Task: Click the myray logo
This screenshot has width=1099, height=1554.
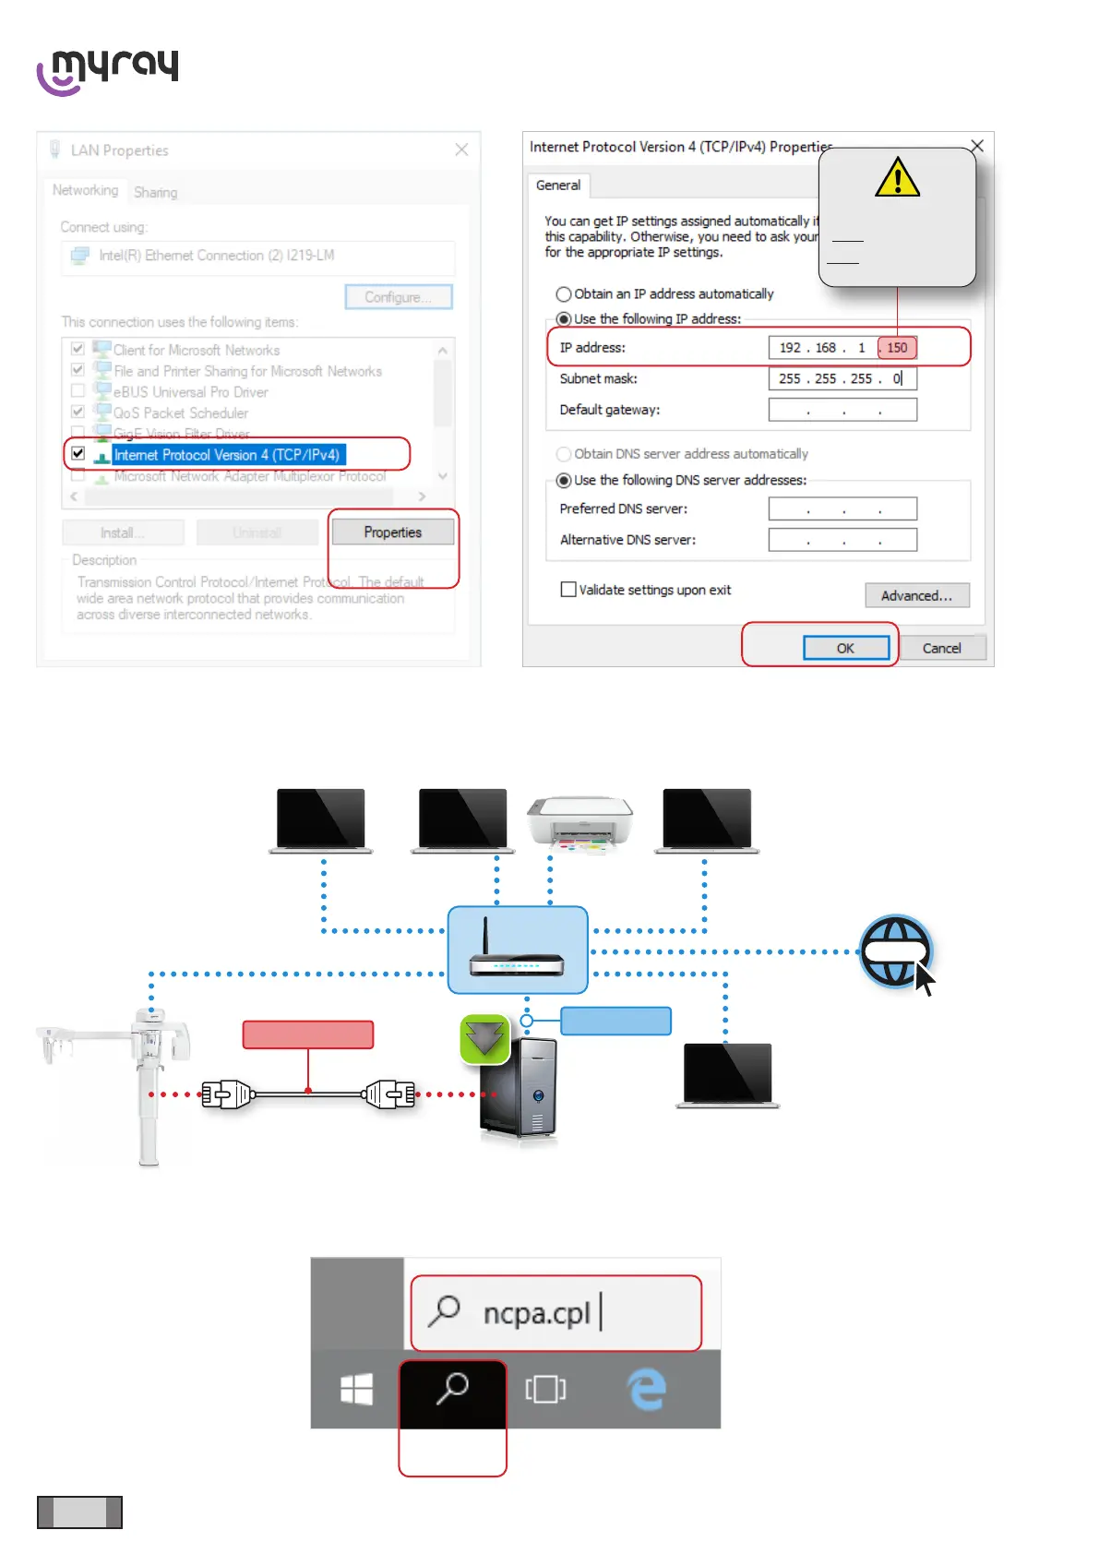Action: point(108,71)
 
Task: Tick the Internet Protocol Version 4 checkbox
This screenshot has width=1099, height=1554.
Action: point(78,453)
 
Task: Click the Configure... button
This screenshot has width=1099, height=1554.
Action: point(398,297)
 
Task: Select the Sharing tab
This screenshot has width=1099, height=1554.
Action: point(155,192)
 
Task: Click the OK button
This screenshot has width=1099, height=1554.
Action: point(845,648)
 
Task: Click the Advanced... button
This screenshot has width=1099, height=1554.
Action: point(916,595)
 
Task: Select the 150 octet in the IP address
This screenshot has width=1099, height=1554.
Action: point(897,348)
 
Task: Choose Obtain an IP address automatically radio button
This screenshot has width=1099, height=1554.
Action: point(564,294)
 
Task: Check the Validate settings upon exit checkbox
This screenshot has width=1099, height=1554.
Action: point(568,590)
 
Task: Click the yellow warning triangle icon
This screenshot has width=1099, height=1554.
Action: point(898,177)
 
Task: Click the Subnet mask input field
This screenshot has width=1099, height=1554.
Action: point(842,378)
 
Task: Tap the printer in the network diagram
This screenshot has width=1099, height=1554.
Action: point(579,820)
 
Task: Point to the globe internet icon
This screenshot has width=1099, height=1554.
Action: point(893,950)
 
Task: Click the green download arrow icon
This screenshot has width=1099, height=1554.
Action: point(484,1039)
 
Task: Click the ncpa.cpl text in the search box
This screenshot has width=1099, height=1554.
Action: point(536,1312)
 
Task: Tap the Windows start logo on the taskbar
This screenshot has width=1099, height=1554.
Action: point(356,1389)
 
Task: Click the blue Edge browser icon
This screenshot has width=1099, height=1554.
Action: point(647,1389)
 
